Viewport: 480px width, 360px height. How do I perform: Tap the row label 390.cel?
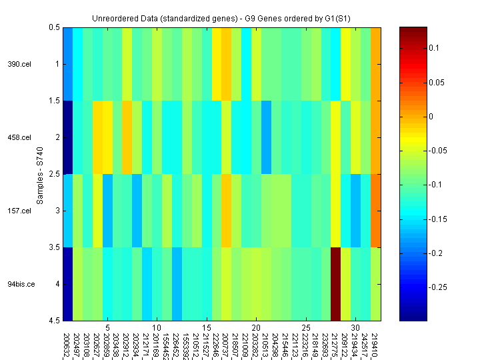pos(19,65)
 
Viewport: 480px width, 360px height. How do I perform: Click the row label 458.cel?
pos(19,138)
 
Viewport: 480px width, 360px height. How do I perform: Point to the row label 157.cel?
pos(19,211)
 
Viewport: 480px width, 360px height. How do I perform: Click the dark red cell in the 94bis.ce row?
pos(336,284)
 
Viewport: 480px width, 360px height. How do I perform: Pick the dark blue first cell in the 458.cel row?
pos(68,137)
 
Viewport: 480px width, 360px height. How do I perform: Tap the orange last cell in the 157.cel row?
pos(376,211)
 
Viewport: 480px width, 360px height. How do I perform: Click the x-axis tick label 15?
pos(207,328)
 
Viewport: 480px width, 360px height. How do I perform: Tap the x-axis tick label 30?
pos(356,328)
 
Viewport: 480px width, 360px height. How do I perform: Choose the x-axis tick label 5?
pos(107,328)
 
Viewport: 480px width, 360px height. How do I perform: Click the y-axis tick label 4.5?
pos(53,321)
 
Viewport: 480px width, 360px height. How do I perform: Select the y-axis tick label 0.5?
pos(53,27)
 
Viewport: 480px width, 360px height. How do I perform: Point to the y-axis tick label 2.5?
pos(53,174)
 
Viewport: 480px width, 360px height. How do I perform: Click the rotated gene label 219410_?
pos(376,344)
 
